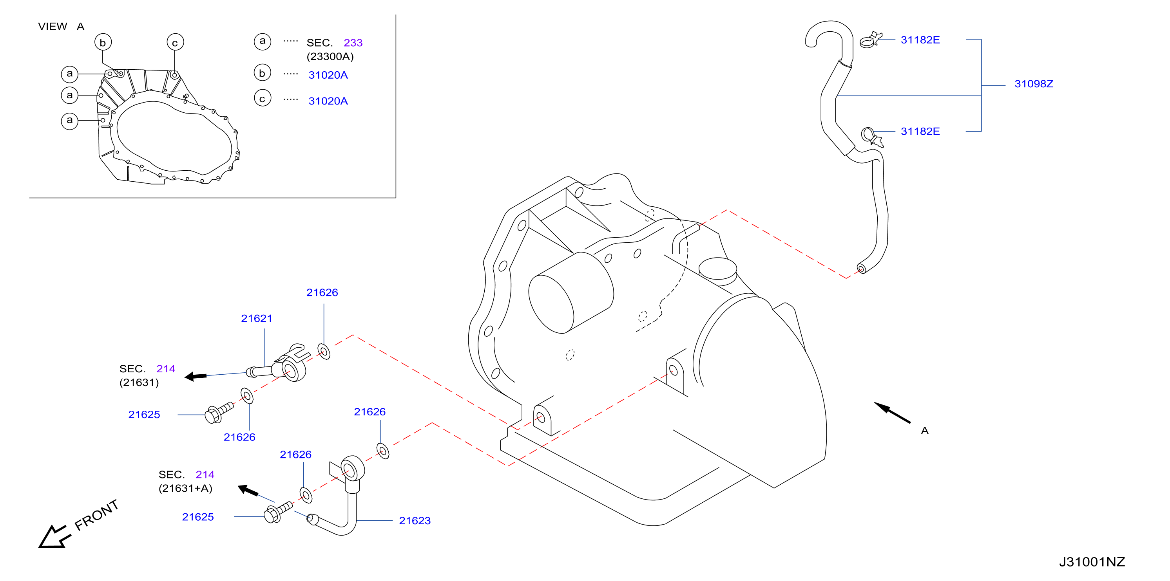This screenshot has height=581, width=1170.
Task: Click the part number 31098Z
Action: [x=1034, y=84]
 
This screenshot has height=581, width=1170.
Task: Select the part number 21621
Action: [x=257, y=319]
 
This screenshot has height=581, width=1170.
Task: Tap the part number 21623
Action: [x=415, y=521]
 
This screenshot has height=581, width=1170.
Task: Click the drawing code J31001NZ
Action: [x=1092, y=562]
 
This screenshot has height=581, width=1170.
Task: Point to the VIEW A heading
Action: [x=61, y=26]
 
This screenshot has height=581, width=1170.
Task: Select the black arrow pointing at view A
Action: [x=892, y=413]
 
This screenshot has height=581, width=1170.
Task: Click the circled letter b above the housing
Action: [x=103, y=42]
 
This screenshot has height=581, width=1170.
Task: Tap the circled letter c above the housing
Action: [x=175, y=42]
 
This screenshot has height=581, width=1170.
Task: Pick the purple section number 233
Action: [x=353, y=43]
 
